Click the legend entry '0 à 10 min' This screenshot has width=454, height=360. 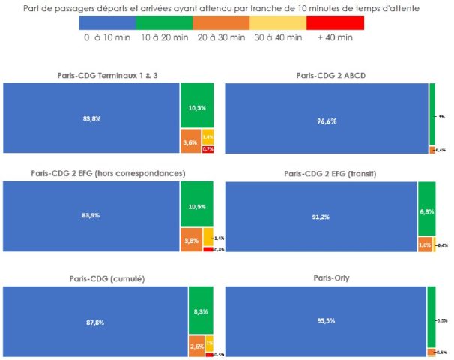click(x=107, y=23)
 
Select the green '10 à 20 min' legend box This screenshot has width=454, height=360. click(x=164, y=23)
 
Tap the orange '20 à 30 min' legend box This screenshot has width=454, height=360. click(x=221, y=23)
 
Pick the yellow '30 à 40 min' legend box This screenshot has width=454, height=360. click(x=278, y=23)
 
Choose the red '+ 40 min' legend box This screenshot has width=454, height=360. click(x=336, y=23)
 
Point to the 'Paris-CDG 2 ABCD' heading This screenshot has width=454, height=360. click(x=336, y=76)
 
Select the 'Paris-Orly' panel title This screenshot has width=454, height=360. click(x=336, y=278)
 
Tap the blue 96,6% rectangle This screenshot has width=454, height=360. click(x=327, y=118)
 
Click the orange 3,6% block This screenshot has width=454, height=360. click(x=190, y=142)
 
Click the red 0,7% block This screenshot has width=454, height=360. click(x=208, y=149)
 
